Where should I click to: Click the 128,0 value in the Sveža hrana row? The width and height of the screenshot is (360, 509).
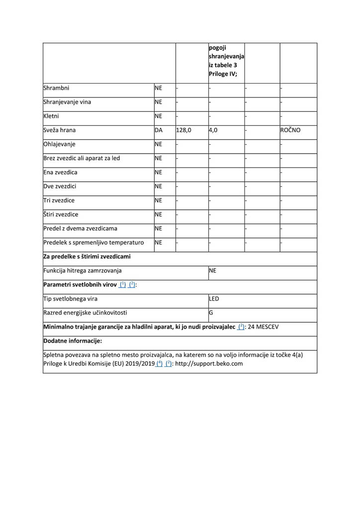tap(183, 130)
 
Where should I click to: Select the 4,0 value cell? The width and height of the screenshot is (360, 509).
tap(213, 130)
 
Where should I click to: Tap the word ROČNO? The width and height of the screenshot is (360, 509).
tap(290, 130)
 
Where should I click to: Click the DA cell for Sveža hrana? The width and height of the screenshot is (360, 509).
tap(159, 130)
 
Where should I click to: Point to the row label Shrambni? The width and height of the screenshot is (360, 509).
tap(56, 88)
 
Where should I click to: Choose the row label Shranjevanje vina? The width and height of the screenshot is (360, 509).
tap(67, 102)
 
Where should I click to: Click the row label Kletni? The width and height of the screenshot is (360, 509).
tap(51, 116)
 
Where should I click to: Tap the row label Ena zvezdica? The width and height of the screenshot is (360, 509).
tap(60, 172)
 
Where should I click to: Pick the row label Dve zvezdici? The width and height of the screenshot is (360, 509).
tap(60, 186)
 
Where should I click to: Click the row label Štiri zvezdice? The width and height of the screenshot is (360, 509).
tap(61, 214)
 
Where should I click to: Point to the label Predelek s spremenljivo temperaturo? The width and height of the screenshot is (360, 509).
tap(93, 243)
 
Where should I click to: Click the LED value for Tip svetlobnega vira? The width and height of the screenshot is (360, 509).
tap(214, 299)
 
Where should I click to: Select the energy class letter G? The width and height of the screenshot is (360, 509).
tap(211, 313)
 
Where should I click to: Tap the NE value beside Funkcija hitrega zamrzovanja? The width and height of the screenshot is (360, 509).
tap(212, 271)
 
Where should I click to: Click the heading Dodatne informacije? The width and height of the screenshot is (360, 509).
tap(73, 341)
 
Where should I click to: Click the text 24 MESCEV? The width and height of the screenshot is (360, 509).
tap(266, 327)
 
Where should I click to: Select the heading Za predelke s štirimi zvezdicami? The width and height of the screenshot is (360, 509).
tap(87, 256)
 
